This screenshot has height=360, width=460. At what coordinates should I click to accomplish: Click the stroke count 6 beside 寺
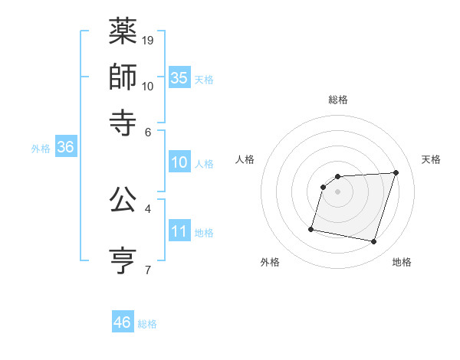(148, 131)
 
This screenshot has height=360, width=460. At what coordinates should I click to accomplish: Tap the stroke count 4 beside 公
(147, 208)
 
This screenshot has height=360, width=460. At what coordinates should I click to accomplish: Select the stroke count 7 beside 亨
(147, 269)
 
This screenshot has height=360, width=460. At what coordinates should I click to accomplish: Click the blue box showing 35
(179, 78)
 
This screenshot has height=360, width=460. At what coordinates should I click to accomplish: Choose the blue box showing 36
(65, 148)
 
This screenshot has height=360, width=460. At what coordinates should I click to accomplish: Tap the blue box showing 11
(179, 231)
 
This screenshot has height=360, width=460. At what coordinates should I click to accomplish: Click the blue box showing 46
(123, 322)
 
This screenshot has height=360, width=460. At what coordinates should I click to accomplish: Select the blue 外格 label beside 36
(41, 149)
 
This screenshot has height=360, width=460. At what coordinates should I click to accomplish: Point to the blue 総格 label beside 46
(147, 324)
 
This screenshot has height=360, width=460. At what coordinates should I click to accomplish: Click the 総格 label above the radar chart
(338, 100)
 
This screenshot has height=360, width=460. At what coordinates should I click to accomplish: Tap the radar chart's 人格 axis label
(245, 159)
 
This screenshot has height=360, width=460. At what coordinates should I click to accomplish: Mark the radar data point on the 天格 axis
(396, 172)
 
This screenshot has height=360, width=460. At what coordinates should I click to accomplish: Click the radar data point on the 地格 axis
(374, 242)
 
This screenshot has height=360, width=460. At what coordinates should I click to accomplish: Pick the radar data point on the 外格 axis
(311, 228)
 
